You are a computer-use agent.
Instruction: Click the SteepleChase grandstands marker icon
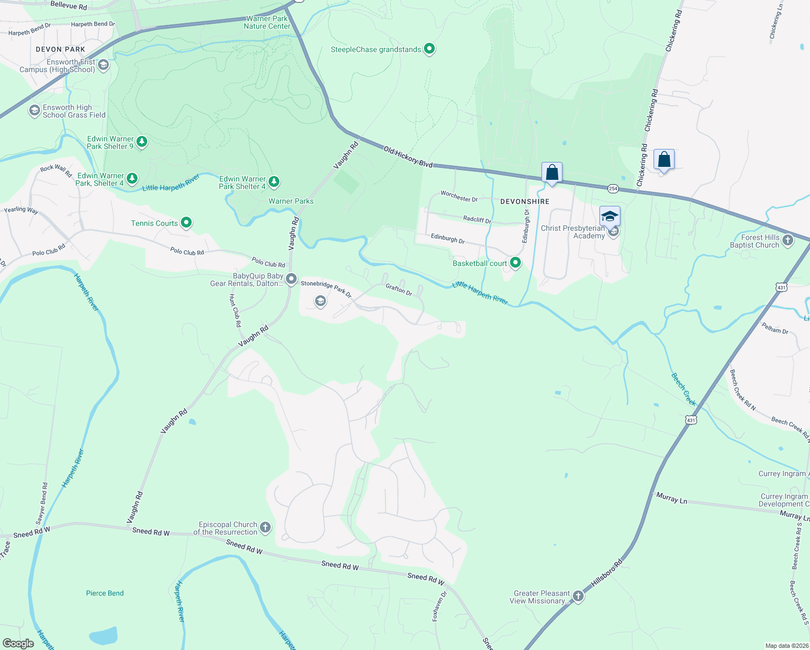[429, 49]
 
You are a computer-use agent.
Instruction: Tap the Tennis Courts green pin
[186, 223]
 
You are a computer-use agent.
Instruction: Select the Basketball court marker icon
[515, 263]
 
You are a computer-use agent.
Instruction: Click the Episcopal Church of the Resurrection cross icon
[265, 527]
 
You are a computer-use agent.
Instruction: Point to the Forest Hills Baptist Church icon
[788, 240]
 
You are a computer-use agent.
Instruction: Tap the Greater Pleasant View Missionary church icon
[578, 596]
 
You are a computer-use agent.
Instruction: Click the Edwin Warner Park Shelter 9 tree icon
[142, 142]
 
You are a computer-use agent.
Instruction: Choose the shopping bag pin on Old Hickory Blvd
[552, 173]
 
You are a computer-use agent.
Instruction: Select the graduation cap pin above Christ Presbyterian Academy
[610, 216]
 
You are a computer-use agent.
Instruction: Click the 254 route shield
[612, 188]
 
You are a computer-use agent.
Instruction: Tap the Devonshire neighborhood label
[525, 201]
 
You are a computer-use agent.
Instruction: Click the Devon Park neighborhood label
[61, 49]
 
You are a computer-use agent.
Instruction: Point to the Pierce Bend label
[105, 593]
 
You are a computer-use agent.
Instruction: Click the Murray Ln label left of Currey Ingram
[671, 498]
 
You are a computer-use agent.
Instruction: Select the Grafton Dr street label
[399, 290]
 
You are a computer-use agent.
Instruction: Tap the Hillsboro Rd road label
[607, 574]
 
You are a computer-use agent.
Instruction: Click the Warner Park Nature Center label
[267, 22]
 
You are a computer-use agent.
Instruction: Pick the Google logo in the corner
[18, 643]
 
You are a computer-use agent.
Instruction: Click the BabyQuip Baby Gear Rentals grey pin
[291, 279]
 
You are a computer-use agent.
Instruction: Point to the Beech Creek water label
[683, 389]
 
